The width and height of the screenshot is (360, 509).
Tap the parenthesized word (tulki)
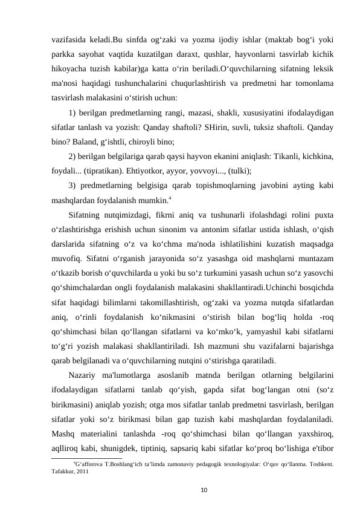240,170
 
